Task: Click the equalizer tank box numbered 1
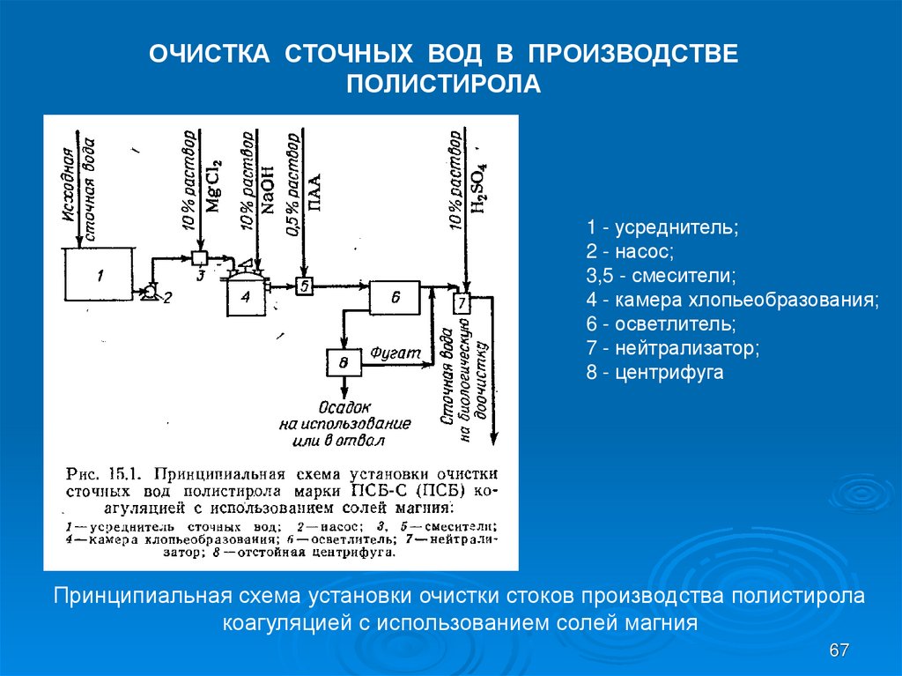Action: [98, 277]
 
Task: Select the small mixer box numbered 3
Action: [199, 258]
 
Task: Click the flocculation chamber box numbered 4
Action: [246, 293]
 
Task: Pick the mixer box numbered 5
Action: [303, 286]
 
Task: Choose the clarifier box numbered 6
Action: [396, 298]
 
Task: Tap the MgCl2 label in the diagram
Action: [214, 188]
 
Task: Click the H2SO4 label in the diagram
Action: [480, 189]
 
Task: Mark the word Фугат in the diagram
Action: [391, 352]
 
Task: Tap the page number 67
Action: [839, 650]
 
